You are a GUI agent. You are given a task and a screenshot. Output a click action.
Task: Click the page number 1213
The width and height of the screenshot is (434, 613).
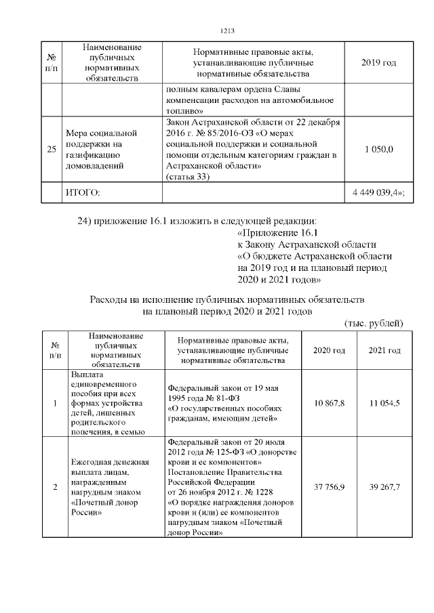[227, 31]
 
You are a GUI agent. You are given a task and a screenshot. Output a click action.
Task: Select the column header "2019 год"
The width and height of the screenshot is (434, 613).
[379, 63]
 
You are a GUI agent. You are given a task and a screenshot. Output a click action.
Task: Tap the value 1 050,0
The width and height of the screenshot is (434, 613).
[379, 150]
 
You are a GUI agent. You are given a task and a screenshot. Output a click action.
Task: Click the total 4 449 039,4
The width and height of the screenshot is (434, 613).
[378, 193]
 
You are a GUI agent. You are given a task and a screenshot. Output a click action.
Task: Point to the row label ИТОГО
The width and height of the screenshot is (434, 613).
[82, 194]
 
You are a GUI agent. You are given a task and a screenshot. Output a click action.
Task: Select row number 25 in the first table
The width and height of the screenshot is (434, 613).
[52, 150]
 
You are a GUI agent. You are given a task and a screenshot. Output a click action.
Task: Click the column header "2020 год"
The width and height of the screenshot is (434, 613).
[329, 350]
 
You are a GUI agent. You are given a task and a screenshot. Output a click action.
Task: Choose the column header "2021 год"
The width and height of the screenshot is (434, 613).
[384, 350]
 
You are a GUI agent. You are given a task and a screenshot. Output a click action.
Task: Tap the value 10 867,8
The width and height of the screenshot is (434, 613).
[329, 403]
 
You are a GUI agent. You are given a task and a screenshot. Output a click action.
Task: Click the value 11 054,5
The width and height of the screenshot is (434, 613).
[384, 403]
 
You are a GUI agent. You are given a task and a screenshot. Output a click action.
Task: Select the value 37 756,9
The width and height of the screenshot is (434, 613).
[329, 487]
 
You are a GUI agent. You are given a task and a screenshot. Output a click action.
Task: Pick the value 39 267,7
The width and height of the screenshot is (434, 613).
[384, 487]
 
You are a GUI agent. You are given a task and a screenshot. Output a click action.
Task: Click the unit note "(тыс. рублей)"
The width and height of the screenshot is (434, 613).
[374, 324]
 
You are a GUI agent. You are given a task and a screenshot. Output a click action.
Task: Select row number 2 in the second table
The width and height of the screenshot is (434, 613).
[55, 487]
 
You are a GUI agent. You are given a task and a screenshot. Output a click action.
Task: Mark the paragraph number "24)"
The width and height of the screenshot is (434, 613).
[89, 221]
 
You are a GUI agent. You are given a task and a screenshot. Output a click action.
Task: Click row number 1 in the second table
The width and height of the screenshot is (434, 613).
[55, 403]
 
